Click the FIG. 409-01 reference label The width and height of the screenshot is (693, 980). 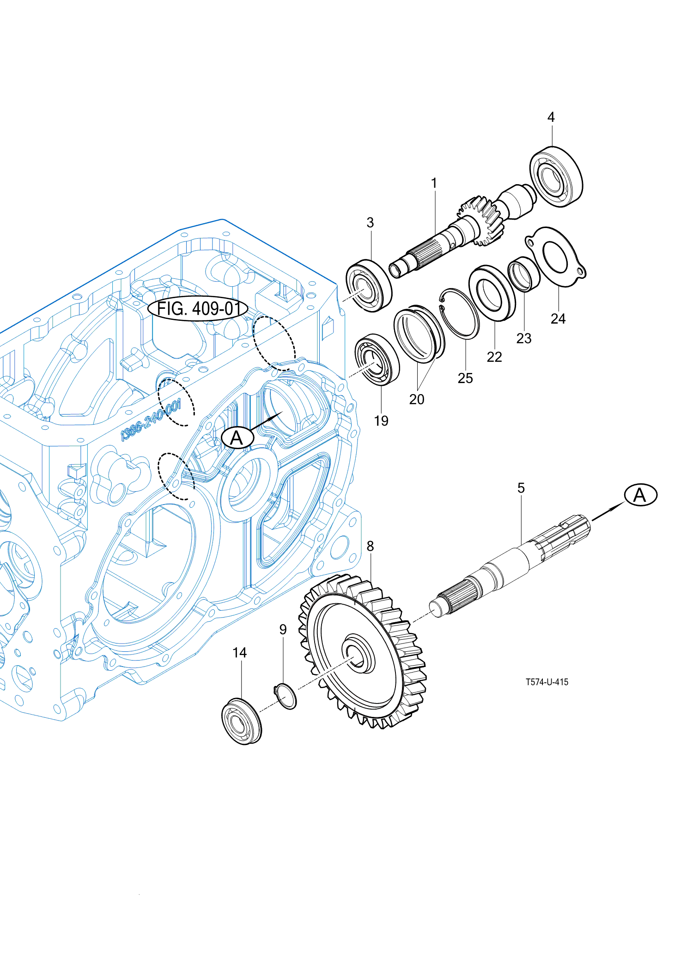pos(198,308)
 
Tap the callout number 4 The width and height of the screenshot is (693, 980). pos(551,117)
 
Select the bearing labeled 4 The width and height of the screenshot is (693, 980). pos(556,177)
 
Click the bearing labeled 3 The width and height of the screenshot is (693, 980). pos(369,286)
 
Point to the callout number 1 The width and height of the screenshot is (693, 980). pos(434,183)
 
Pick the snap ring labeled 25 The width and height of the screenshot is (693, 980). pos(460,314)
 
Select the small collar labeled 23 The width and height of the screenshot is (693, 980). pos(523,275)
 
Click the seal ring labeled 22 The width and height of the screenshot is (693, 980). pos(492,293)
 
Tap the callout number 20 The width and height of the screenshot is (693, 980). pos(416,399)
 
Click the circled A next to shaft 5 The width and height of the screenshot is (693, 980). pos(640,495)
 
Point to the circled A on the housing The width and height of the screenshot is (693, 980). pos(237,438)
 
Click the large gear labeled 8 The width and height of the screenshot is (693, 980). pos(365,655)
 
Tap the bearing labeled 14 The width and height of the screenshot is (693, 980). pos(241,721)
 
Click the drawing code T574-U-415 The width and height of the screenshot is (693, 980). pos(547,682)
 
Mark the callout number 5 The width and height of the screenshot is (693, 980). pos(521,488)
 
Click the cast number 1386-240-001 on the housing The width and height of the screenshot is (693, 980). pos(151,421)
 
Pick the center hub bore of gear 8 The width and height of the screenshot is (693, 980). pos(357,655)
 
